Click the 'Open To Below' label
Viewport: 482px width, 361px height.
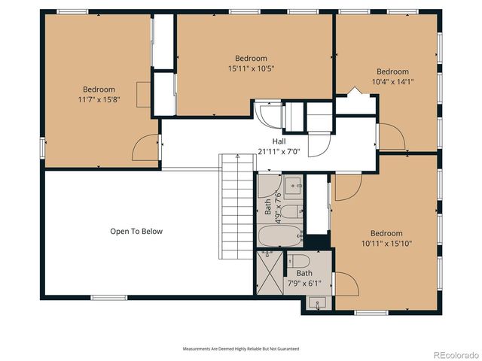(136, 232)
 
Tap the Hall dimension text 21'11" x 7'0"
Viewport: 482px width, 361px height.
(279, 151)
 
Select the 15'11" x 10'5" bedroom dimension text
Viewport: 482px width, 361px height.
(251, 68)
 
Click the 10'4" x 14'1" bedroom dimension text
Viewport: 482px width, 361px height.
(392, 82)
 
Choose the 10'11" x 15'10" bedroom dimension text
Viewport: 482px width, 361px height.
(386, 243)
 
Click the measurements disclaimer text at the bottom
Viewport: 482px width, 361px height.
(240, 349)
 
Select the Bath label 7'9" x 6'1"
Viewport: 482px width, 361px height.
(304, 278)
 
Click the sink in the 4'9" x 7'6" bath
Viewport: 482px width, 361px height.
(294, 185)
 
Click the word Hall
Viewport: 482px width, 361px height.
(279, 141)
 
